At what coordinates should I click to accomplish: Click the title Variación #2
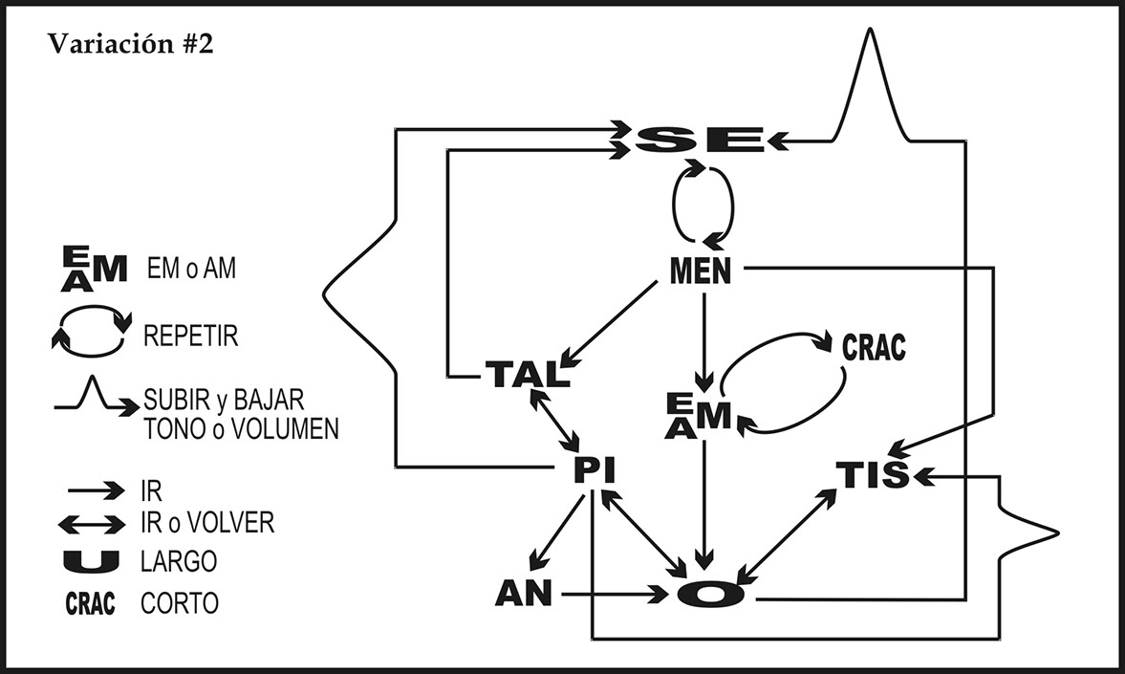point(130,45)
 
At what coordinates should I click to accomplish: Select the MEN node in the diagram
point(700,272)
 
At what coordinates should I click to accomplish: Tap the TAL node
point(526,374)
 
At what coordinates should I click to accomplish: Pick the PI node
point(594,470)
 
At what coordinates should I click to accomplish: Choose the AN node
point(524,594)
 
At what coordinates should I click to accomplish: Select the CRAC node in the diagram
point(873,347)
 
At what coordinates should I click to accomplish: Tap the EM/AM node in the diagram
point(700,415)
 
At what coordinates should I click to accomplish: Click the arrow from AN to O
point(612,595)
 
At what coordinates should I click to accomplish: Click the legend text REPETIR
point(190,337)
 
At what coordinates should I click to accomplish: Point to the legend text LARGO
point(179,561)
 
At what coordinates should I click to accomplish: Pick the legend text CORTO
point(180,604)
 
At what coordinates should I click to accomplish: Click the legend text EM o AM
point(191,271)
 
